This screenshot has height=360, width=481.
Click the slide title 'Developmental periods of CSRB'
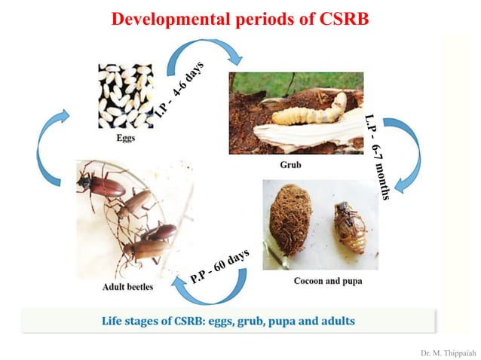click(240, 19)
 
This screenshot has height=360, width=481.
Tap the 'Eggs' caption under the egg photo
click(125, 139)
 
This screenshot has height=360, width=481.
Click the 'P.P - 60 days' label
click(219, 266)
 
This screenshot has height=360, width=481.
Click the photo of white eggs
click(125, 96)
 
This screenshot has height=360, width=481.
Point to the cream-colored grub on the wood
click(309, 110)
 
